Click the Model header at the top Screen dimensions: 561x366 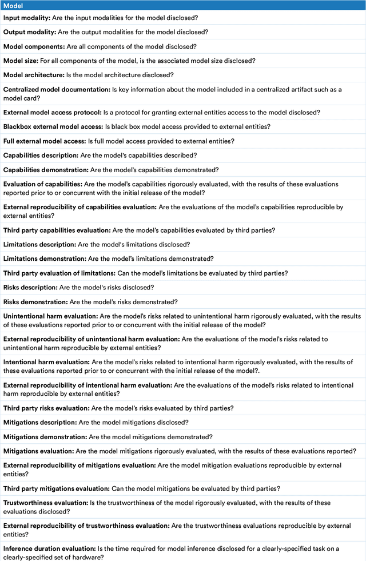click(x=13, y=5)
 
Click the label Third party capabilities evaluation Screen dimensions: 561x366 click(x=57, y=230)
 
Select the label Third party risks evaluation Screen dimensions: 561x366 click(x=46, y=408)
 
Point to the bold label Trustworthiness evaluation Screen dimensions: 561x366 click(x=45, y=503)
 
